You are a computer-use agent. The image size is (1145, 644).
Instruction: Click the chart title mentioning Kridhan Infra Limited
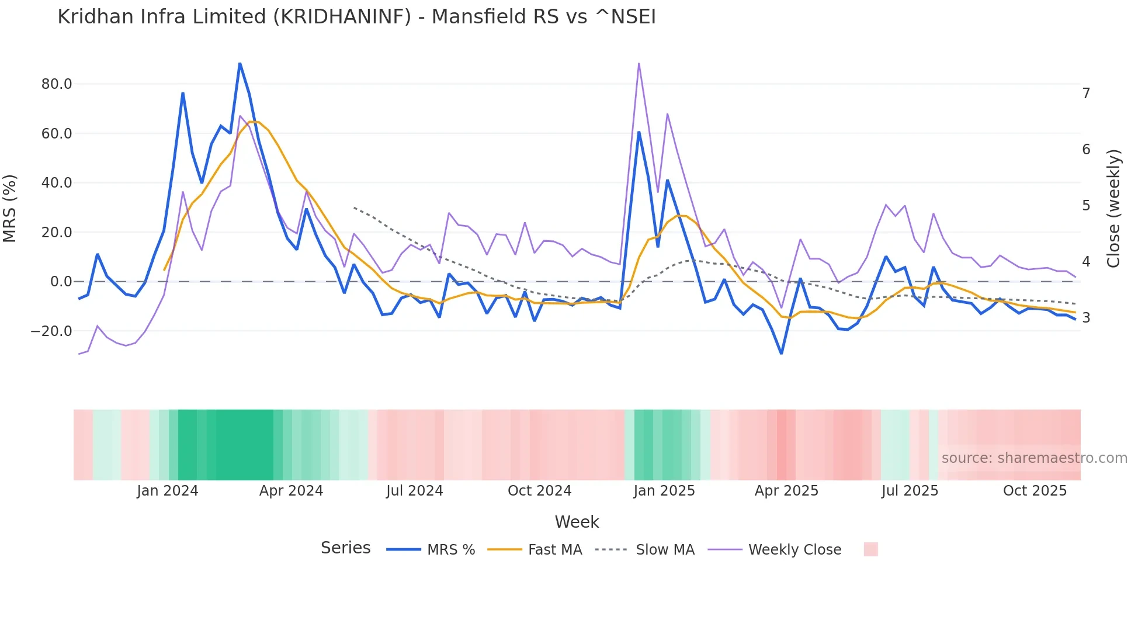click(x=356, y=17)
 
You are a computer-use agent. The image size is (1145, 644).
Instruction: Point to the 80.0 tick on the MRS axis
click(x=57, y=84)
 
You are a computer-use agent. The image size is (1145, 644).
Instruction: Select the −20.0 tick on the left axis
click(x=52, y=331)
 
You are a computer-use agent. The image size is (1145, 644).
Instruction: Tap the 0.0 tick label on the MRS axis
click(x=61, y=282)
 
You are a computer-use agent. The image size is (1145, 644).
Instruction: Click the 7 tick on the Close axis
click(x=1086, y=94)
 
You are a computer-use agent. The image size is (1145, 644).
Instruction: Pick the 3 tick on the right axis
click(x=1086, y=318)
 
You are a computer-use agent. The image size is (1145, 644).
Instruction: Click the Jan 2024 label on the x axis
click(x=168, y=491)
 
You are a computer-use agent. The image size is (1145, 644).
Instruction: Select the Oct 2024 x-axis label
click(x=539, y=491)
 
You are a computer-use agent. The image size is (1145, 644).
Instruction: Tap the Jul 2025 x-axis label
click(x=910, y=491)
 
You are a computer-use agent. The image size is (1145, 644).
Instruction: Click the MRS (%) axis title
click(x=10, y=209)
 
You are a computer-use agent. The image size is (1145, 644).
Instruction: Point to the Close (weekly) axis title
click(x=1113, y=209)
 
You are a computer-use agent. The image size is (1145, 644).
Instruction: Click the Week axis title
click(x=577, y=522)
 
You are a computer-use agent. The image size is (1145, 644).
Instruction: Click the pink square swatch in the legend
click(x=870, y=549)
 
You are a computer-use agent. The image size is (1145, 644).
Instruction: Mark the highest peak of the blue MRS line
click(x=240, y=63)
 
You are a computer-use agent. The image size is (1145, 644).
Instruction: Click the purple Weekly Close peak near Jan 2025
click(x=639, y=63)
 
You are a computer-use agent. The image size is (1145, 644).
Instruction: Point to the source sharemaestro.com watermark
click(x=1034, y=458)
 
